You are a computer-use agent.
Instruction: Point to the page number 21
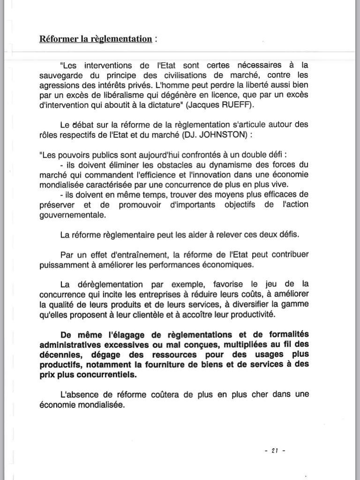coord(275,451)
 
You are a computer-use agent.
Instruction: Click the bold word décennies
coord(60,355)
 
